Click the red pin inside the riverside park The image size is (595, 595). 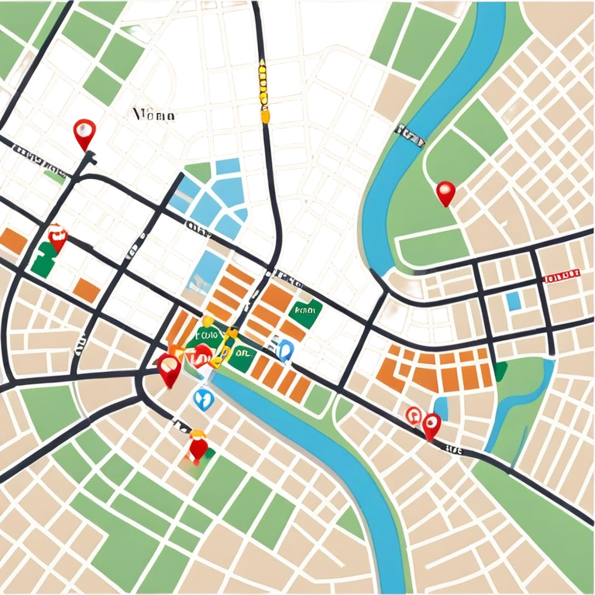click(445, 192)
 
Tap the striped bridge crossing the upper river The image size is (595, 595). click(410, 134)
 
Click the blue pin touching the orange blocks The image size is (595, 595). click(286, 350)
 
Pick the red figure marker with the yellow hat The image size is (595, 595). click(198, 446)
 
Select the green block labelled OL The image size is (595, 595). click(242, 353)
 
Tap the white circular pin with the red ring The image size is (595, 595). click(413, 415)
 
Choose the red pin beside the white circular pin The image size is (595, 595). click(432, 425)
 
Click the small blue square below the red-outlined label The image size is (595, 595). click(513, 300)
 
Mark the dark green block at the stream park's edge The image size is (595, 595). click(500, 372)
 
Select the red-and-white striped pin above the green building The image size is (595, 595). click(57, 236)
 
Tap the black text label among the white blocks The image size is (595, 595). click(153, 115)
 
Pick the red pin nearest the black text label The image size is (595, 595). click(83, 133)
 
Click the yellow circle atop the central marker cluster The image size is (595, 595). click(207, 321)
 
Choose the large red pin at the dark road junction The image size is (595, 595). click(168, 369)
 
